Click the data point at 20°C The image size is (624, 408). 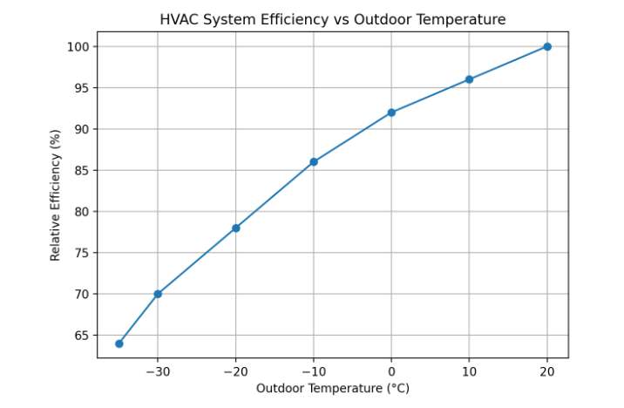click(x=547, y=46)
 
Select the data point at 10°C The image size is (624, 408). click(x=469, y=79)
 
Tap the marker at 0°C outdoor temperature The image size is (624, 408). click(x=391, y=112)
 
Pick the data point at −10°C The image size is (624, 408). click(x=314, y=162)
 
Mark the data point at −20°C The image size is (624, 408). click(x=235, y=228)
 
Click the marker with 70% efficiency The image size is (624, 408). click(x=158, y=294)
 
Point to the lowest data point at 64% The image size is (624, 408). click(x=119, y=343)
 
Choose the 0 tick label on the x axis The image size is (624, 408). click(x=391, y=371)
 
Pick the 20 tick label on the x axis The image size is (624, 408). click(x=547, y=371)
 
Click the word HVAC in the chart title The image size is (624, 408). click(x=179, y=19)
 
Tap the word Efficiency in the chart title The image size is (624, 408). click(x=283, y=19)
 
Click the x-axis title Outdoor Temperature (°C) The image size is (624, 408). click(x=333, y=388)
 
